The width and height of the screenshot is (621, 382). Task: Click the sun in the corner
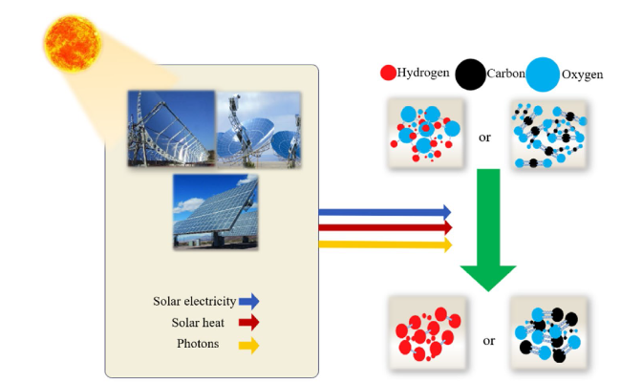(x=73, y=43)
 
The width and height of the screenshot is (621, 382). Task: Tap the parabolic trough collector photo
(x=171, y=128)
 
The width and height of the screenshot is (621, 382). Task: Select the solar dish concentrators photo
(x=259, y=130)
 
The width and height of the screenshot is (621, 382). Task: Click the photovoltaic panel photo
(x=216, y=212)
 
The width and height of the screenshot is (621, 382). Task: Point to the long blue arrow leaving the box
(x=385, y=212)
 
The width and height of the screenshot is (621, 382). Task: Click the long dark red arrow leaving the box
(x=385, y=227)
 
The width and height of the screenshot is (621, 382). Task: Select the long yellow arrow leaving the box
(x=385, y=244)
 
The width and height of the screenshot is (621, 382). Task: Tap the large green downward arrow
(x=488, y=229)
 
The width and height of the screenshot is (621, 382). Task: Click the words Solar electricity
(x=195, y=301)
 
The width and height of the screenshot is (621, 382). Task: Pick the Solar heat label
(x=198, y=323)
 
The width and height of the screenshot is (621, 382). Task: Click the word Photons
(x=198, y=344)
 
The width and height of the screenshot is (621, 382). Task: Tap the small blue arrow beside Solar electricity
(x=249, y=301)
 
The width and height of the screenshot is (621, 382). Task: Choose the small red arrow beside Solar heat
(x=249, y=323)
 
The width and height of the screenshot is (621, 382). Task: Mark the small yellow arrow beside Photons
(x=249, y=346)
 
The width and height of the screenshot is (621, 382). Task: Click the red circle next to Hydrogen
(x=388, y=73)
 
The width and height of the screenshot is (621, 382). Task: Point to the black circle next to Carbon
(x=470, y=74)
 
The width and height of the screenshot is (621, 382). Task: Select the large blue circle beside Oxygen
(x=543, y=74)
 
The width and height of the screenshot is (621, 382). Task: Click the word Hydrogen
(x=423, y=73)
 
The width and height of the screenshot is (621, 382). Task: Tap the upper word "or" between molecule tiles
(x=484, y=138)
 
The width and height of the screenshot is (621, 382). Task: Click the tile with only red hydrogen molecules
(x=427, y=333)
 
